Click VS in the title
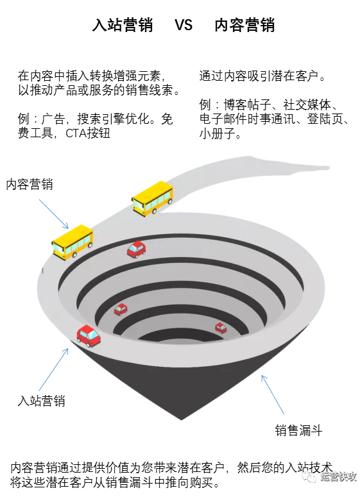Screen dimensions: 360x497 pyautogui.click(x=184, y=25)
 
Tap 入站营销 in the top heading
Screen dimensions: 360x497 pyautogui.click(x=123, y=25)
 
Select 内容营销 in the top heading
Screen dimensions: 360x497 pyautogui.click(x=244, y=25)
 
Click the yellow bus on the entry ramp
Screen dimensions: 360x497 pyautogui.click(x=153, y=199)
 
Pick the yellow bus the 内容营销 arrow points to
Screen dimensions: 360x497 pyautogui.click(x=73, y=242)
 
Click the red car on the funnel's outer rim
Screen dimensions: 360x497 pyautogui.click(x=89, y=335)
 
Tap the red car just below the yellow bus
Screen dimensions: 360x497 pyautogui.click(x=137, y=249)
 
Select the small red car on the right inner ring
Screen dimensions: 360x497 pyautogui.click(x=221, y=328)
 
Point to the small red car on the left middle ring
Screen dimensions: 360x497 pyautogui.click(x=121, y=309)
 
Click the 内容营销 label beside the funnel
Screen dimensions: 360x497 pyautogui.click(x=30, y=184)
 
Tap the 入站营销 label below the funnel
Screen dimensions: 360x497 pyautogui.click(x=41, y=401)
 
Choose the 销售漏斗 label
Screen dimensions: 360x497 pyautogui.click(x=298, y=430)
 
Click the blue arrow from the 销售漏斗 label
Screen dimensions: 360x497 pyautogui.click(x=273, y=394)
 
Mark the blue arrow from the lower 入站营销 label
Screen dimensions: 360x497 pyautogui.click(x=54, y=369)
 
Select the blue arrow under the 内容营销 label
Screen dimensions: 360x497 pyautogui.click(x=54, y=214)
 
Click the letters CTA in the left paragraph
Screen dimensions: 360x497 pyautogui.click(x=76, y=133)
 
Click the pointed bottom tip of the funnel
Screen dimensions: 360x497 pyautogui.click(x=182, y=419)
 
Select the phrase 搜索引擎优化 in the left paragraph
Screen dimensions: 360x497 pyautogui.click(x=113, y=119)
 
